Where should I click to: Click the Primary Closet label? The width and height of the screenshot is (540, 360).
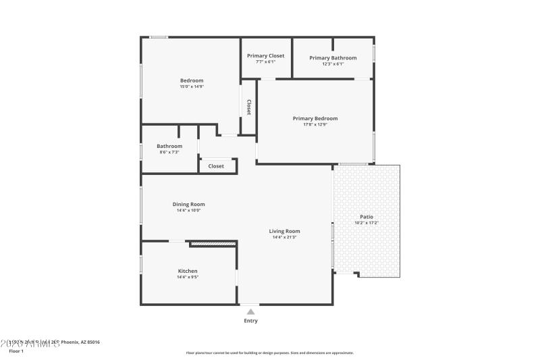(x=265, y=55)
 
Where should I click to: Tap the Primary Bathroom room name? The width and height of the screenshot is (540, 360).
(x=333, y=58)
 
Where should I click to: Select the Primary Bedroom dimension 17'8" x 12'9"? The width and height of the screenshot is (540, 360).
(x=315, y=124)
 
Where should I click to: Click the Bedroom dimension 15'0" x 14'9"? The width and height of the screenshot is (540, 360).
(x=191, y=86)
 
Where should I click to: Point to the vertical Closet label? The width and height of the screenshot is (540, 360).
(x=248, y=107)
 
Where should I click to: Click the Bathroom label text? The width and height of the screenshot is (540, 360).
(x=169, y=146)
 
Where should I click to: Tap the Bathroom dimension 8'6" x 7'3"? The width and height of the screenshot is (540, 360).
(x=169, y=152)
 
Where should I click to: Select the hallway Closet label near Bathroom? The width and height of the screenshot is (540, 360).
(x=216, y=166)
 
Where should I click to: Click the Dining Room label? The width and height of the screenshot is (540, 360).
(x=188, y=204)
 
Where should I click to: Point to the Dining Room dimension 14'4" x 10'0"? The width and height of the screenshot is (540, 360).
(x=188, y=210)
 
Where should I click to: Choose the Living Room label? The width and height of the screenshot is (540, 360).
(x=284, y=231)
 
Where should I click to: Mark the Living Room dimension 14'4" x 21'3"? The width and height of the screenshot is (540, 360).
(x=284, y=237)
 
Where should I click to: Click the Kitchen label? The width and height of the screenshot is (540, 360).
(x=188, y=271)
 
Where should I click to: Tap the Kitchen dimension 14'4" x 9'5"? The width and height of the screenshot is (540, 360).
(x=188, y=277)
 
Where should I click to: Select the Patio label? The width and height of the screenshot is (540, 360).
(x=367, y=217)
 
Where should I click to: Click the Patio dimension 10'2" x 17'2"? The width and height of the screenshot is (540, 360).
(x=367, y=223)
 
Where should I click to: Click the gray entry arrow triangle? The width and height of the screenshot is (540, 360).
(x=250, y=311)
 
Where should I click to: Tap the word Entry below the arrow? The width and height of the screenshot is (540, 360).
(x=250, y=321)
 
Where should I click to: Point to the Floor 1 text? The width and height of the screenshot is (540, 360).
(x=16, y=351)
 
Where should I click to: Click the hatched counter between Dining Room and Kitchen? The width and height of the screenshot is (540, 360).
(x=213, y=243)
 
